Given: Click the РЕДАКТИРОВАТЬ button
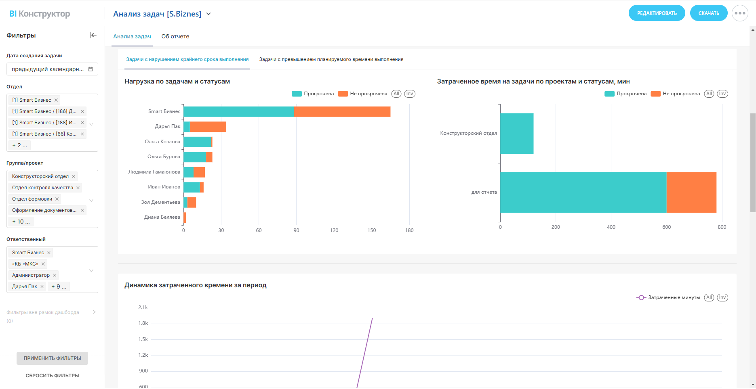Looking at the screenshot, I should click(657, 13).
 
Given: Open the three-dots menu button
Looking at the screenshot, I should click(740, 13).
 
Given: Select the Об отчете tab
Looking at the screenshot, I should click(175, 36).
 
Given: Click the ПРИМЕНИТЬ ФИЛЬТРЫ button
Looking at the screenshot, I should click(52, 358).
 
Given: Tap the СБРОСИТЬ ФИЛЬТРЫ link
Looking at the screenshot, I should click(52, 376).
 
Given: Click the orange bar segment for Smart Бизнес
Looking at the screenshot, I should click(342, 112).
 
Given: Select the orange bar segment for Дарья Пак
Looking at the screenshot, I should click(208, 127).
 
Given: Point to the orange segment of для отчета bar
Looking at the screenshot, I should click(691, 192).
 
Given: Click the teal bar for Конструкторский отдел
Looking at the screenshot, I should click(517, 134).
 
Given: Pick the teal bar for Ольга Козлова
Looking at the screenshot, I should click(197, 142).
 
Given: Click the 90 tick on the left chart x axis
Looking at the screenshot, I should click(296, 230).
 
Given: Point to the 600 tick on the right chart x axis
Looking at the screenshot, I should click(666, 227).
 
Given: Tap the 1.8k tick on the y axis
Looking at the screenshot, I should click(143, 323).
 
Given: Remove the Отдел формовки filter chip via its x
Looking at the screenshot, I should click(57, 199).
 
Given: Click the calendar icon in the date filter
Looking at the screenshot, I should click(91, 69).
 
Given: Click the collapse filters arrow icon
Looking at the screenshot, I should click(93, 35).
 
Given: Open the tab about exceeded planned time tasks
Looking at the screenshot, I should click(331, 59).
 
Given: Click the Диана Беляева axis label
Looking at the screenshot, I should click(162, 217).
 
